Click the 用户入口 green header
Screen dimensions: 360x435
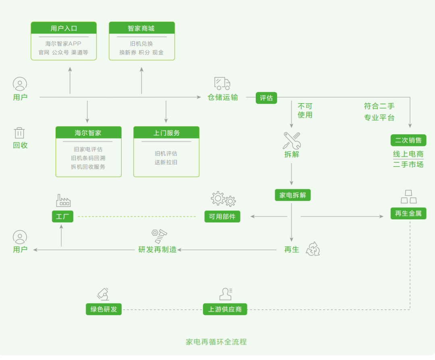64,28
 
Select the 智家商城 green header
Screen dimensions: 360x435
142,28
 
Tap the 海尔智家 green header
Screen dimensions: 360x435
88,133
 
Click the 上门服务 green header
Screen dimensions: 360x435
166,133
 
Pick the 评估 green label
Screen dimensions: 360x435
266,98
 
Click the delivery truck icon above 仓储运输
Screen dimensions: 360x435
222,83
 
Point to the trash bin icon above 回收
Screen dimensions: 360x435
20,133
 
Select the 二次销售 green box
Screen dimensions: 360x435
408,140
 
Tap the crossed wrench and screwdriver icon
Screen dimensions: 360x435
292,140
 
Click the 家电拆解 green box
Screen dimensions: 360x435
293,195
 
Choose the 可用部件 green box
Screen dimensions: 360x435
222,216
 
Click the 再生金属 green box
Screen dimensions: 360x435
408,213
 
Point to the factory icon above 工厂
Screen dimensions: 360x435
63,200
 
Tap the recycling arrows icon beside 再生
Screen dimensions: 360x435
313,249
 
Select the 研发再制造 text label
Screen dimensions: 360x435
157,250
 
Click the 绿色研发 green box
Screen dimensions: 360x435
104,309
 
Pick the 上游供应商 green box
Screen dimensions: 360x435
225,309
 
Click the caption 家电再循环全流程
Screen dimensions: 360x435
216,342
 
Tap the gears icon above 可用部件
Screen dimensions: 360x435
223,199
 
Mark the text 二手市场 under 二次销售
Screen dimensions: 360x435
408,164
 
